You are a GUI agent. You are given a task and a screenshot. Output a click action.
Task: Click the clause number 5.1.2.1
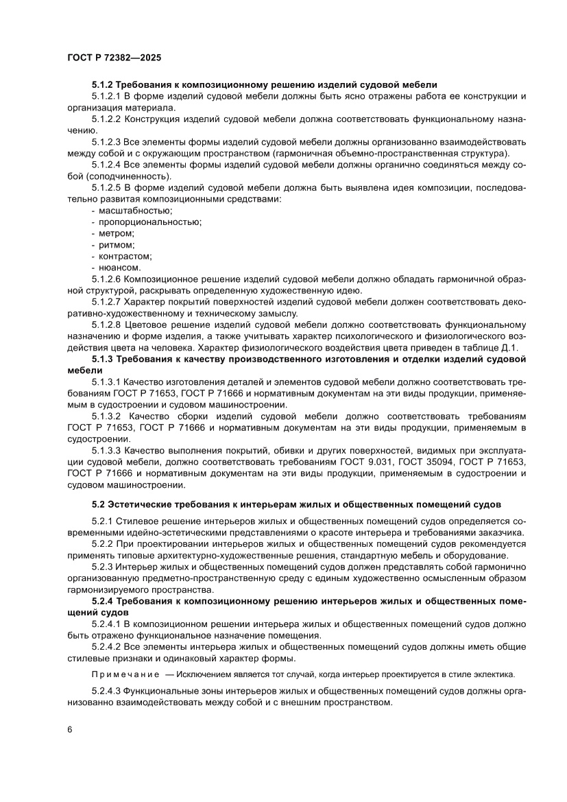coord(106,95)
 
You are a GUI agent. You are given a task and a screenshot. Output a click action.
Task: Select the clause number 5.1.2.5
coord(106,187)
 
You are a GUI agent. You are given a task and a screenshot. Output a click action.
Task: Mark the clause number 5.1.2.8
coord(106,325)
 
